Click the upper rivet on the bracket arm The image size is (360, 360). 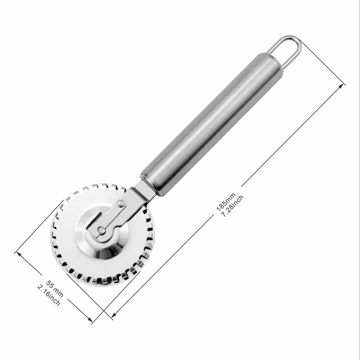(120, 204)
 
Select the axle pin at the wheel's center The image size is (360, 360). (102, 230)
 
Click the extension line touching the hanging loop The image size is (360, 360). (322, 61)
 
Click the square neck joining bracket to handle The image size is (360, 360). (144, 189)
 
